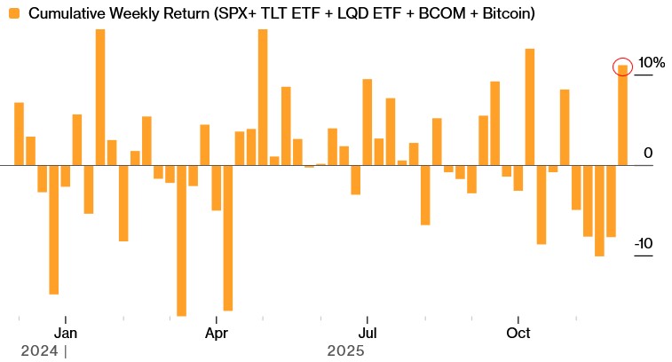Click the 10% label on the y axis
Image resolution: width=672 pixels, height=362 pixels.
pyautogui.click(x=652, y=63)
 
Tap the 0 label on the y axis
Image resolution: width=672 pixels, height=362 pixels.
pyautogui.click(x=648, y=153)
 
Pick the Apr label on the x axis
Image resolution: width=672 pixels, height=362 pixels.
pyautogui.click(x=217, y=334)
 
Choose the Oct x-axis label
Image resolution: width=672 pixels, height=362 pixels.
pyautogui.click(x=518, y=334)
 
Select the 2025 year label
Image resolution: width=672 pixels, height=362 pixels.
pyautogui.click(x=345, y=350)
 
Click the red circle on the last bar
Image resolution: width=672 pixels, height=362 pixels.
pyautogui.click(x=623, y=67)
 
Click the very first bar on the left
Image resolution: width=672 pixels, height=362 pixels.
pyautogui.click(x=19, y=133)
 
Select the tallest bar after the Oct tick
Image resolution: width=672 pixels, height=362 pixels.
pyautogui.click(x=530, y=106)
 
